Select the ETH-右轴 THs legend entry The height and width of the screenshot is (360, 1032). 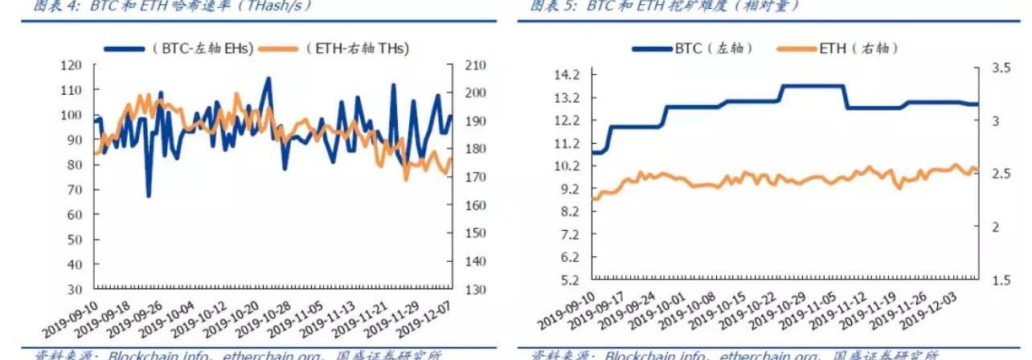click(x=357, y=48)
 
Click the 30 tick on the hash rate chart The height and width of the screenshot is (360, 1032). click(x=74, y=288)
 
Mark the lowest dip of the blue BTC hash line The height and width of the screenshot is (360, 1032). click(x=148, y=195)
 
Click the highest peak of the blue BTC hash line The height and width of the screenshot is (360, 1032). click(x=268, y=79)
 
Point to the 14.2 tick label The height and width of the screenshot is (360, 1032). click(x=567, y=75)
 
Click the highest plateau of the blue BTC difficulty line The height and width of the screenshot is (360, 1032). click(x=812, y=86)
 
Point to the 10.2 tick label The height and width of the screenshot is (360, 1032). click(x=567, y=166)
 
